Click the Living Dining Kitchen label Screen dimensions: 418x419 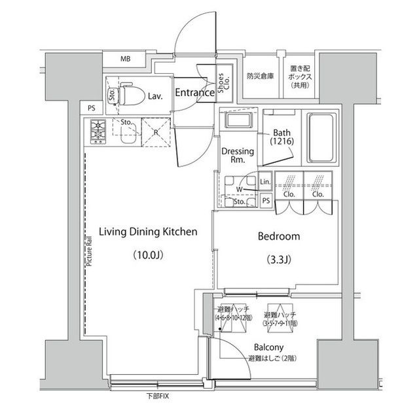(148, 232)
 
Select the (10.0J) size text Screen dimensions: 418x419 (148, 255)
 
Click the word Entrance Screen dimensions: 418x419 (194, 93)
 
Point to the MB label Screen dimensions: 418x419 (125, 60)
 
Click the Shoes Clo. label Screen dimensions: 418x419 (224, 84)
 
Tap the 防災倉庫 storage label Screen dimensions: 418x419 (260, 76)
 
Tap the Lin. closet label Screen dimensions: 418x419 (265, 182)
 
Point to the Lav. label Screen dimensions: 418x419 (155, 96)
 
